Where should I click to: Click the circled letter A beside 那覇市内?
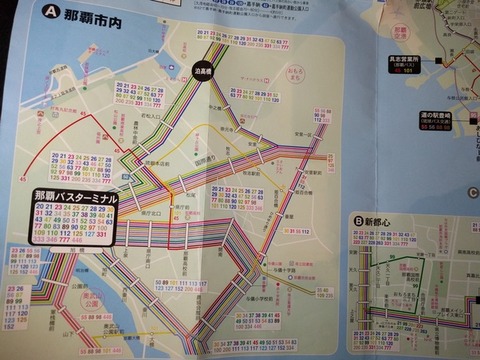tap(50, 16)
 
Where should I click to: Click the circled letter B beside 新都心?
tap(359, 221)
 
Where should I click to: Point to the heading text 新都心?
tap(385, 221)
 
